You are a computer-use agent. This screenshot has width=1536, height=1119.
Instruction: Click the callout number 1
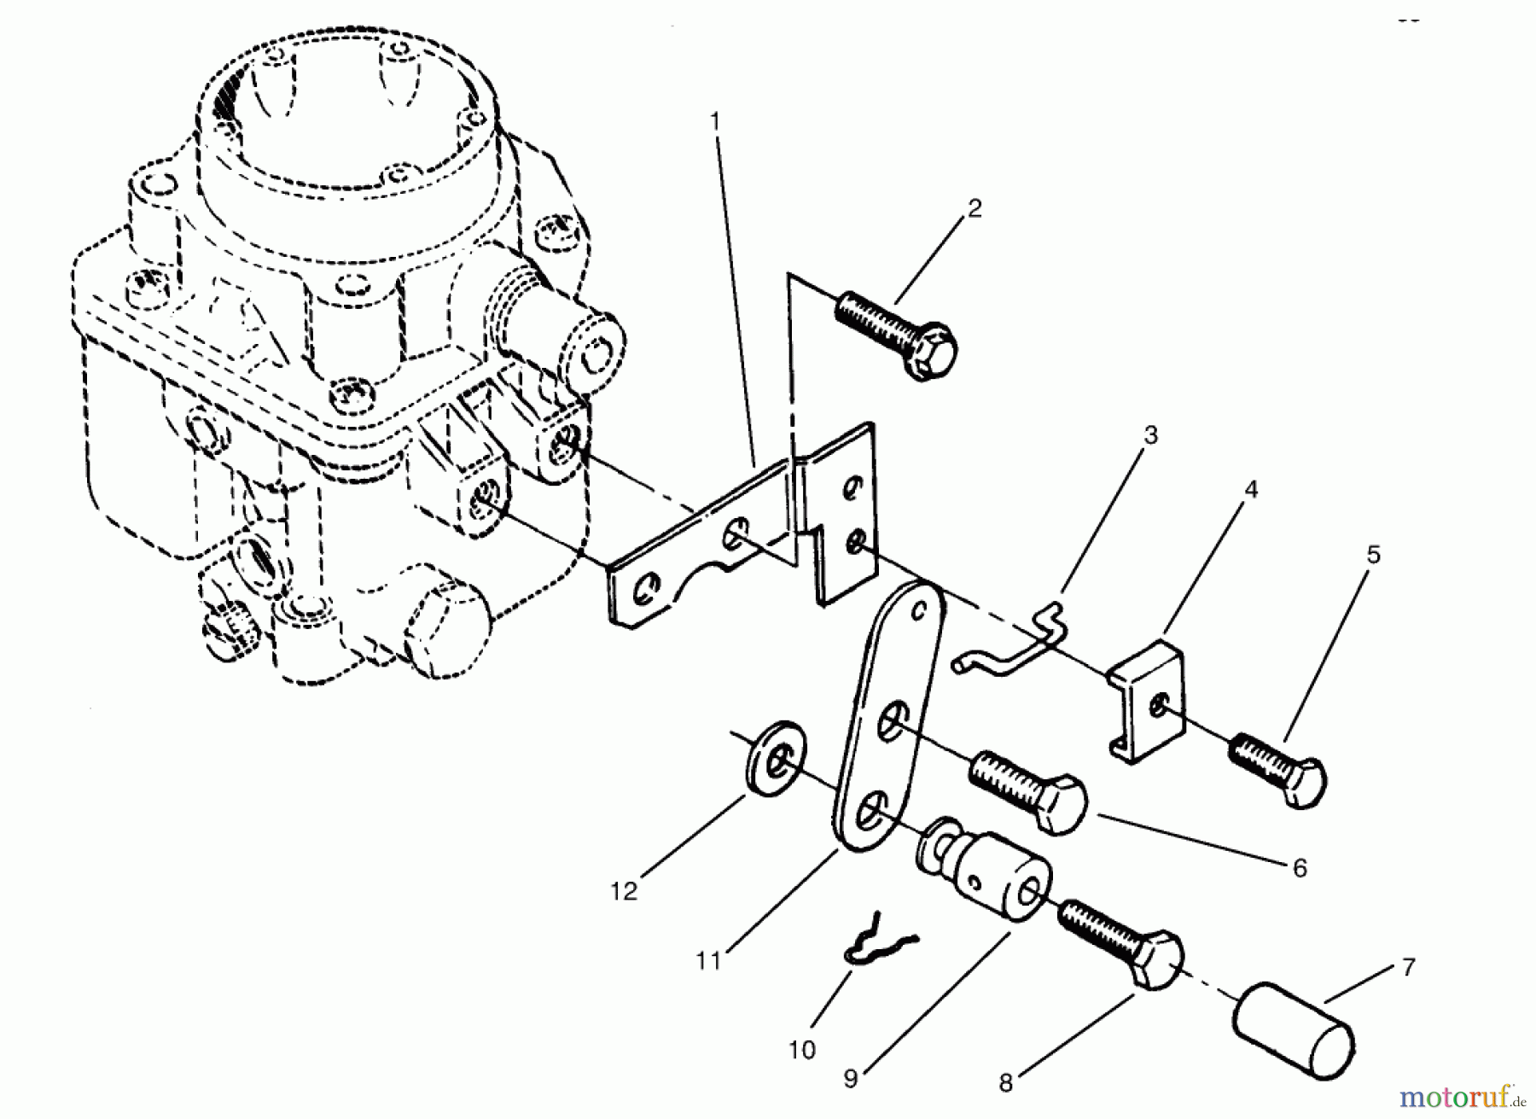coord(715,122)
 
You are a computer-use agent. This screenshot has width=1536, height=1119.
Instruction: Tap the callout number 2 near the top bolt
coord(975,209)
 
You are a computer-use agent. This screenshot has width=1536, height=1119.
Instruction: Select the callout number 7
coord(1407,967)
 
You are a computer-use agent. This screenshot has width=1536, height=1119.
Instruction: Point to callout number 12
coord(624,891)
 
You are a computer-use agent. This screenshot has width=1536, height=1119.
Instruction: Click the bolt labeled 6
coord(1028,790)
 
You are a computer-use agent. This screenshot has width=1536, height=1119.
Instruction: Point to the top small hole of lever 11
coord(918,611)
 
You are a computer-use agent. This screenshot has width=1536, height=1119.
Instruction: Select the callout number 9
coord(850,1078)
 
